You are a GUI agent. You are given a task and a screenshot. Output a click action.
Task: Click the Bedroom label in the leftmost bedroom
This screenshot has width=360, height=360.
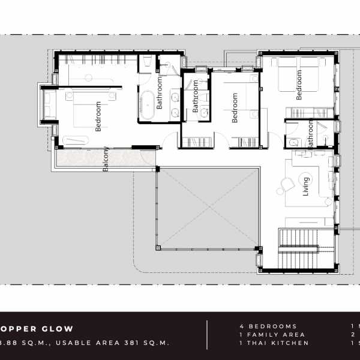(x=98, y=116)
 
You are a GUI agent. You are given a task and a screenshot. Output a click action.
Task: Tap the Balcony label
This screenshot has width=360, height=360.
(x=106, y=159)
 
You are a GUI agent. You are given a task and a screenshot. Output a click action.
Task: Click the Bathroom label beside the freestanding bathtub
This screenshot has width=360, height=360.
(x=160, y=92)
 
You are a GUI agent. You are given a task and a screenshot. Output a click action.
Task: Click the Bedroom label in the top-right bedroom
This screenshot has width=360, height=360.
(x=299, y=85)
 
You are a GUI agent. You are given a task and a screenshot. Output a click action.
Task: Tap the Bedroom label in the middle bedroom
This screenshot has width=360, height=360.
(x=235, y=107)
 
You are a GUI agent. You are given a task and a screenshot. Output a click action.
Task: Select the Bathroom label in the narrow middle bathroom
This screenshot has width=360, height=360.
(x=196, y=97)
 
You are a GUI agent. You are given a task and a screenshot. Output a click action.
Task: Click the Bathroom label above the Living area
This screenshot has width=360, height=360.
(x=310, y=134)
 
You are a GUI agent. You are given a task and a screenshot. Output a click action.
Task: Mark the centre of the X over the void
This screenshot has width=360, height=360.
(x=208, y=207)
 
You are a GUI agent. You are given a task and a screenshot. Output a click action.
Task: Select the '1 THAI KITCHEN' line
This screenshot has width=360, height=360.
(x=274, y=343)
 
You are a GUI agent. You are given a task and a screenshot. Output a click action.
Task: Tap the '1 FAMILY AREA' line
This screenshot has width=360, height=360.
(x=272, y=334)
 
